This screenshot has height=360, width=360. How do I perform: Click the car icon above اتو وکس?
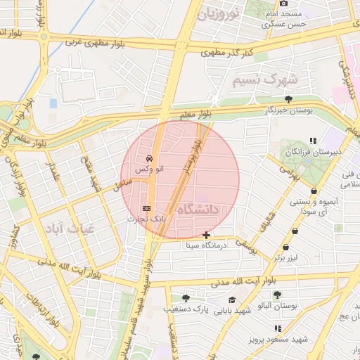tap(148, 158)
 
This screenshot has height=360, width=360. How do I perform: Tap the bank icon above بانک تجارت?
tap(146, 208)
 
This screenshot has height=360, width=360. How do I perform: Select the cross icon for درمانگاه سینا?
tap(205, 234)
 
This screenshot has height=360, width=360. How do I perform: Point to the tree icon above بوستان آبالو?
tap(278, 295)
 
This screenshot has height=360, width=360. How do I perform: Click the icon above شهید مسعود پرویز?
tap(278, 328)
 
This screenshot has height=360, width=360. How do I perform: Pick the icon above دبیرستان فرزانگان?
tap(313, 141)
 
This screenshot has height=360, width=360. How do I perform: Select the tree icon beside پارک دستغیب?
tap(186, 299)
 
